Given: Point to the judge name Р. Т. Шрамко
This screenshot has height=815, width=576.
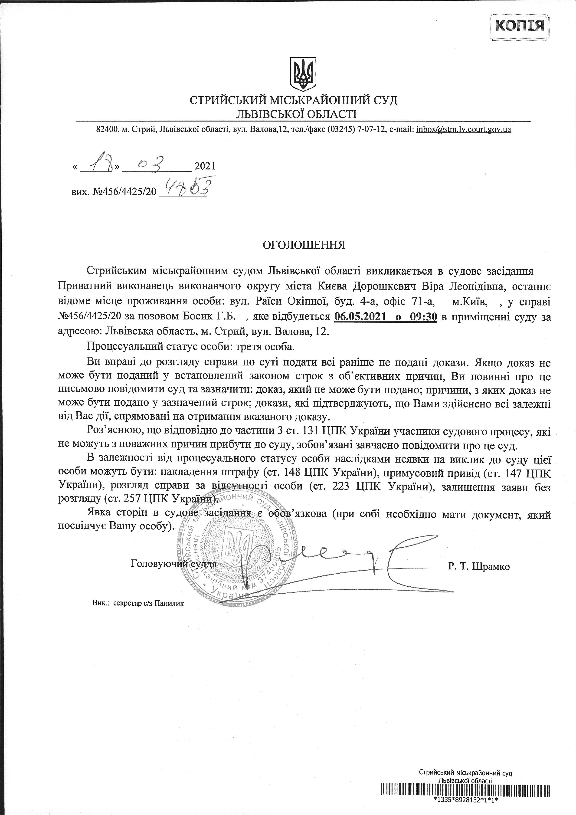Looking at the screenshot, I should (x=478, y=566).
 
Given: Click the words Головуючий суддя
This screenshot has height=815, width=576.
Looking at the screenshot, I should (x=173, y=563).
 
